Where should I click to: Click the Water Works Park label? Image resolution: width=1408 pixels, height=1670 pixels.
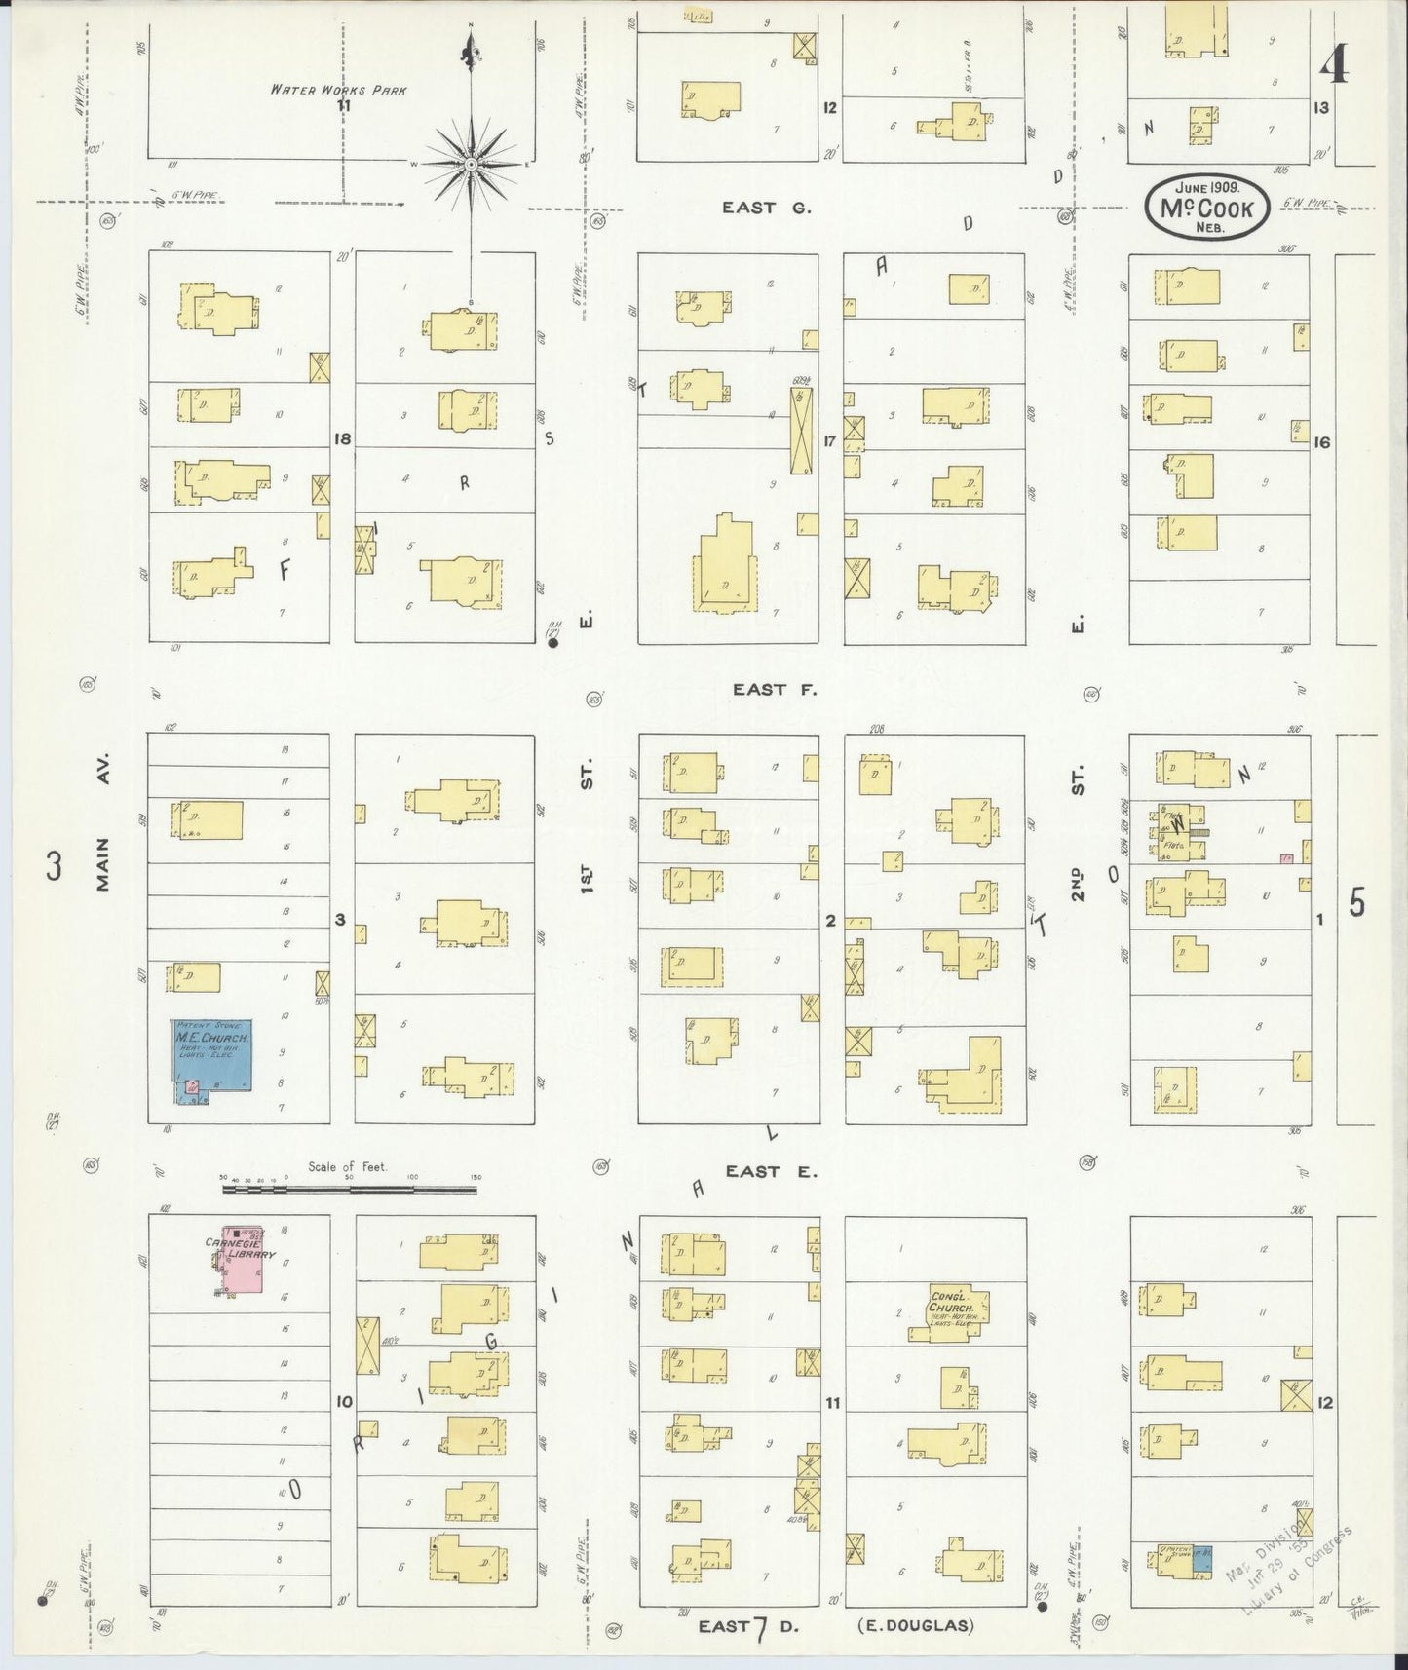[338, 90]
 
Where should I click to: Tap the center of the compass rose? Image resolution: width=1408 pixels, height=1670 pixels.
[471, 163]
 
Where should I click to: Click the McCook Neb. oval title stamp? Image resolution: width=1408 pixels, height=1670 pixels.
[1206, 207]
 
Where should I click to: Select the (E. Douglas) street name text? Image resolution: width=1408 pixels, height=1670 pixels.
[915, 1625]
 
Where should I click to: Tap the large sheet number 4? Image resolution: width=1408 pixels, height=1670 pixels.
[1334, 65]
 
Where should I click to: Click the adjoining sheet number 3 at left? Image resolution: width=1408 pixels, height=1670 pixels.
[55, 865]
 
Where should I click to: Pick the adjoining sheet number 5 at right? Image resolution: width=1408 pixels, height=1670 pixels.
[1356, 904]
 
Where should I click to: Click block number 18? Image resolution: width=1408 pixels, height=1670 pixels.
[341, 438]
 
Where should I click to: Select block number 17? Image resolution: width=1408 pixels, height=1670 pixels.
[829, 440]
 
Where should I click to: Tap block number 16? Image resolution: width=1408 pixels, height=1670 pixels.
[1320, 441]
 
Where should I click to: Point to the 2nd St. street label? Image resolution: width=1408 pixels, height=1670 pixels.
[1077, 838]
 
